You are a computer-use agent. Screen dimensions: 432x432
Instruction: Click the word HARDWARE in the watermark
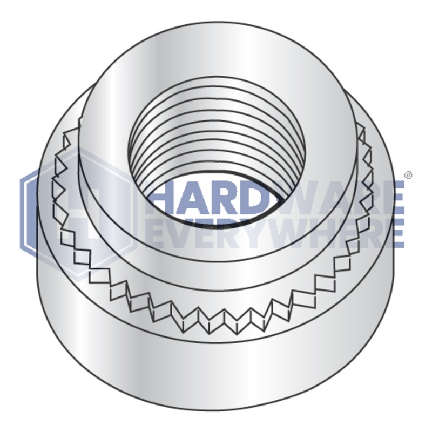(275, 197)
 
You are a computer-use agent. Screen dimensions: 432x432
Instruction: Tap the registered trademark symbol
(408, 175)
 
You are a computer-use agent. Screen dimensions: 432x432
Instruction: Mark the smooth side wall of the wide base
(216, 373)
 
